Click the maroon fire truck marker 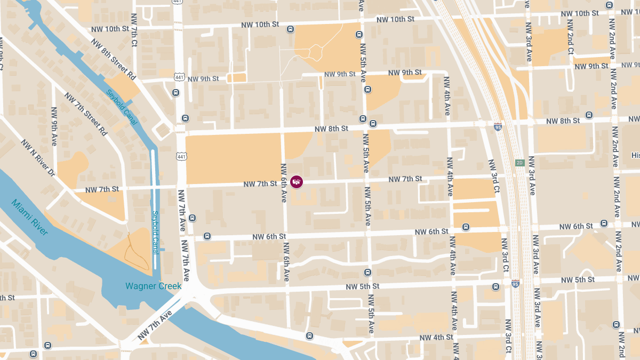(x=297, y=182)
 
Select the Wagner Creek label (x=154, y=286)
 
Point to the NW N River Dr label (x=38, y=158)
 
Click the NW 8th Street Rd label (x=113, y=58)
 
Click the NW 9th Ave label (x=54, y=126)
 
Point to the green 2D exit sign (x=519, y=163)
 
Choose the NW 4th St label (x=436, y=337)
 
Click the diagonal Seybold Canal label (x=122, y=107)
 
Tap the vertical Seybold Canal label (x=156, y=233)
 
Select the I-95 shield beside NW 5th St (x=515, y=283)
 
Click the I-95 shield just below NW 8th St (x=498, y=126)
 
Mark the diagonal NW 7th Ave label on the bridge (x=154, y=325)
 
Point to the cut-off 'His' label (x=635, y=155)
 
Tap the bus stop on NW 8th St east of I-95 (x=589, y=115)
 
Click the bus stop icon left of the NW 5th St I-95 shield (x=495, y=286)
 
